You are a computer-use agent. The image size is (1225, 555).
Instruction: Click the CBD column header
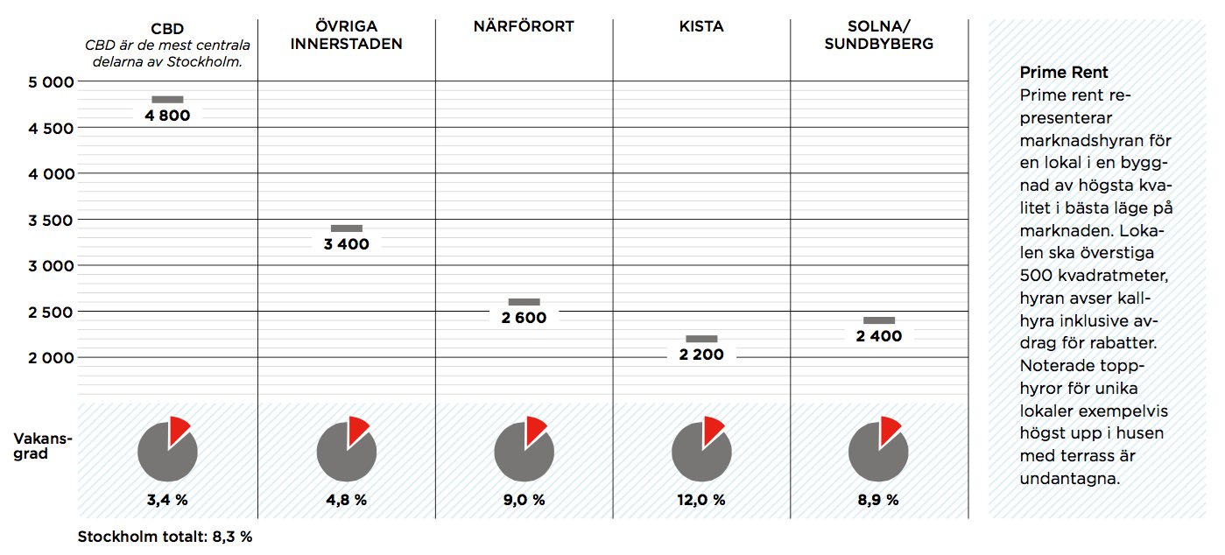coord(167,28)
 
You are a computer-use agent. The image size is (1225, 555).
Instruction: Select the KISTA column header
coord(701,26)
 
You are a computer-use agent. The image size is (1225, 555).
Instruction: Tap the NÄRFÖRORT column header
coord(523,26)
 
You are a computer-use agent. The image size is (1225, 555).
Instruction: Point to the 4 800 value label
coord(167,116)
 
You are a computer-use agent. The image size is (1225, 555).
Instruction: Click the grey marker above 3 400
coord(346,228)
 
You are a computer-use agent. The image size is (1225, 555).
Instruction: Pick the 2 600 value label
coord(524,318)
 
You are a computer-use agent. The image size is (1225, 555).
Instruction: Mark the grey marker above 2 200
coord(701,339)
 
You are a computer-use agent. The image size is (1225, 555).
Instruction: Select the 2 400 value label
coord(879,336)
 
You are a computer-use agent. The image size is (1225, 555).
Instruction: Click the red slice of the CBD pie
coord(179,428)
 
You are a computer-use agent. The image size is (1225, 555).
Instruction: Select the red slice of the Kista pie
coord(713,428)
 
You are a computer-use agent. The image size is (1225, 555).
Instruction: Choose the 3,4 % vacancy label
coord(167,500)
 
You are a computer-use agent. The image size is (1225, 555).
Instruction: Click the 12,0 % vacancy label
coord(701,500)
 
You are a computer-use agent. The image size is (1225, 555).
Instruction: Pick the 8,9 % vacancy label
coord(879,500)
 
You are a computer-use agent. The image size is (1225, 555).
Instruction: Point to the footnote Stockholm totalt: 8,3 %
coord(165,537)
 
